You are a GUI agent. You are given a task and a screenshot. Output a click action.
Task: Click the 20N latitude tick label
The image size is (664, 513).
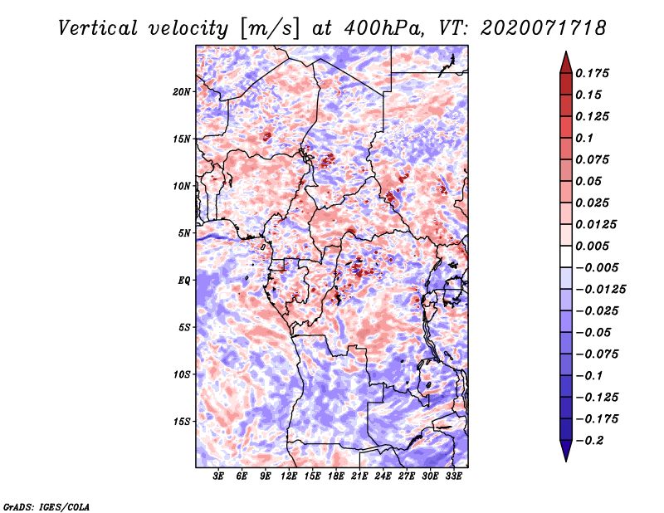tap(182, 92)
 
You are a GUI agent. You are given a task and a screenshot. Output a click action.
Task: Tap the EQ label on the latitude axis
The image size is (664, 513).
tap(184, 281)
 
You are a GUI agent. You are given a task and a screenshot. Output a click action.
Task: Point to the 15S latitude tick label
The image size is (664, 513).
tap(182, 422)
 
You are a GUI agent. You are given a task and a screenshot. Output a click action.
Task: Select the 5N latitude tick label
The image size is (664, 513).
tap(184, 233)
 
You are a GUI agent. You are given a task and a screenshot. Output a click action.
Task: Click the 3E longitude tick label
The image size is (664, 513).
tap(218, 476)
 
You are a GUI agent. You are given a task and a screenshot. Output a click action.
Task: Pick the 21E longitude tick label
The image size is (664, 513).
tap(359, 476)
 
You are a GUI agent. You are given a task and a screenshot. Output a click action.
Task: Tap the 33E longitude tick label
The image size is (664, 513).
tap(453, 476)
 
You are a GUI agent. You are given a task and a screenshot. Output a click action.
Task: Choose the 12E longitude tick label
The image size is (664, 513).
tap(288, 476)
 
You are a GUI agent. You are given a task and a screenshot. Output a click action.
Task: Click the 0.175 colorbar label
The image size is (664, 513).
tap(592, 73)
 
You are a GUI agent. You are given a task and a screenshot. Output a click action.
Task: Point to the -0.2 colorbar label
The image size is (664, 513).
tap(589, 441)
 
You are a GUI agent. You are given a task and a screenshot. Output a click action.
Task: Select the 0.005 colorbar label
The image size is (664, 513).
tap(592, 246)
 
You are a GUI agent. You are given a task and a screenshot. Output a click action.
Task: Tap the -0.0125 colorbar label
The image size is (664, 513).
tap(600, 290)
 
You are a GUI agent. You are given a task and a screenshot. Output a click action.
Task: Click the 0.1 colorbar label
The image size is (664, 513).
tap(584, 138)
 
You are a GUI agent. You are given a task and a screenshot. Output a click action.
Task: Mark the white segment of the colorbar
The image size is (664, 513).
tap(566, 256)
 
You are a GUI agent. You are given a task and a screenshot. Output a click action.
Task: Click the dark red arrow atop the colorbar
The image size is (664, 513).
tap(566, 63)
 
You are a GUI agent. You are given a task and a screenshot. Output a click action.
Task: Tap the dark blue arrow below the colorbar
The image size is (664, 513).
tap(566, 451)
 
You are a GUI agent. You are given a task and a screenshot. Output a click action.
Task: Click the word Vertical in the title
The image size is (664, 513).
tap(98, 28)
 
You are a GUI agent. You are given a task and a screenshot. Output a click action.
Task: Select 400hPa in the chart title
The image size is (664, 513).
tap(383, 28)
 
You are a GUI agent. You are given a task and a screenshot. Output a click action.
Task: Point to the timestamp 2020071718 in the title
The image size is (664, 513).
tap(544, 28)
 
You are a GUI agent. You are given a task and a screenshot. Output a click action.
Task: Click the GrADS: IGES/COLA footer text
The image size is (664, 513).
tap(46, 507)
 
